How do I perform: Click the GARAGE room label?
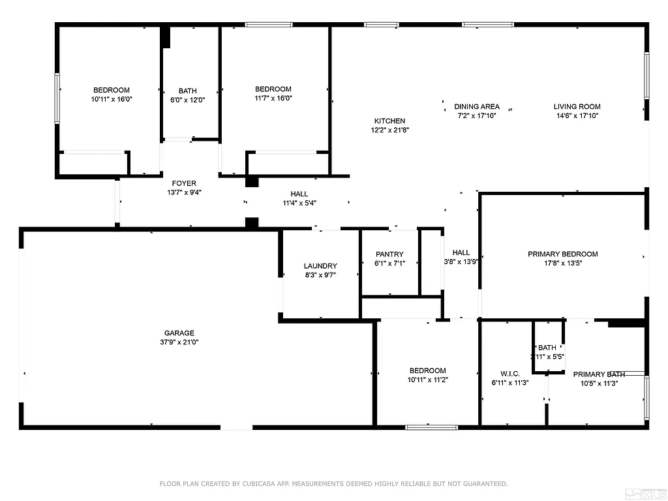point(179,333)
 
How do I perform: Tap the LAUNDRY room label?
point(320,266)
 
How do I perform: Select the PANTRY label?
point(389,254)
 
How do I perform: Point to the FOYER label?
point(184,184)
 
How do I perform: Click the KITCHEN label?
point(389,121)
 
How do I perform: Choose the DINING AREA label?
point(477,107)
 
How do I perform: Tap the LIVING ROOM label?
point(577,107)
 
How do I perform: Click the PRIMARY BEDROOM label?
point(562,254)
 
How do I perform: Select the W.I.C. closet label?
point(509,374)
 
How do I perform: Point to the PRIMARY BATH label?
point(599,374)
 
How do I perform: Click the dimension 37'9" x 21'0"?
point(179,342)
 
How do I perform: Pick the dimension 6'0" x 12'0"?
point(188,100)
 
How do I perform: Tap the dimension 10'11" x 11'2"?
point(428,379)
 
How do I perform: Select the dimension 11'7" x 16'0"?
point(273,99)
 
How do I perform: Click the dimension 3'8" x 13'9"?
point(461,262)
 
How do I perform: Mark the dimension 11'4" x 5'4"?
point(299,203)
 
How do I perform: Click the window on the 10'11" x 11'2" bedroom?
point(431,427)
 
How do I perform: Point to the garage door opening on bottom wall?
point(236,427)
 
